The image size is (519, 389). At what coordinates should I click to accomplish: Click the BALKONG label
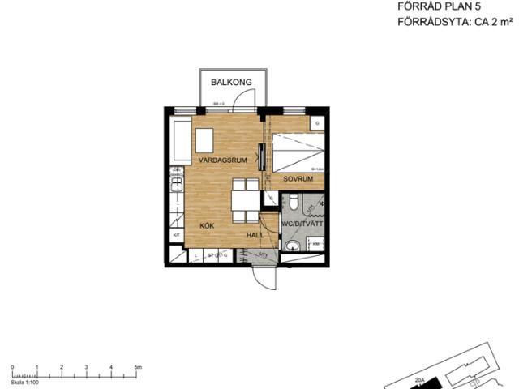pos(231,83)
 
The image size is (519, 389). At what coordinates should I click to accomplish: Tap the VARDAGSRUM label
pos(222,160)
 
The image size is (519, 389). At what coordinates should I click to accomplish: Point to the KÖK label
pos(208,227)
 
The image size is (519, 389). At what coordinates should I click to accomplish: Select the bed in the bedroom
pos(298,150)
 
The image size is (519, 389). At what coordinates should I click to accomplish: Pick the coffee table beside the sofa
pos(204,140)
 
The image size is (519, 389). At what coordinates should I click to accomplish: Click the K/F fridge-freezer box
pos(176,235)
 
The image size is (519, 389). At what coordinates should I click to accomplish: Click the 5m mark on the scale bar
pos(138,367)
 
